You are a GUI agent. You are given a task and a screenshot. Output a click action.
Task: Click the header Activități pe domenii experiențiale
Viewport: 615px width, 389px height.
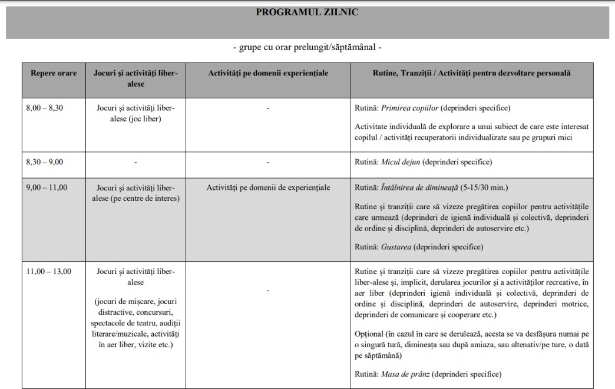point(268,72)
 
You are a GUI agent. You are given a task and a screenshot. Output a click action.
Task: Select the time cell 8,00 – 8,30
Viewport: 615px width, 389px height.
point(45,108)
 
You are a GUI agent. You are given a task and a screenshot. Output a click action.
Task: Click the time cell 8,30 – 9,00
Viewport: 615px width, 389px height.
point(45,161)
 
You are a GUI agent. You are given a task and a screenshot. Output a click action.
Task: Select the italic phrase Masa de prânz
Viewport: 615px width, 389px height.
point(404,374)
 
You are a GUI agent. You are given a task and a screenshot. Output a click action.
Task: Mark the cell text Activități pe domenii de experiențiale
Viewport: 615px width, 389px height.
point(268,187)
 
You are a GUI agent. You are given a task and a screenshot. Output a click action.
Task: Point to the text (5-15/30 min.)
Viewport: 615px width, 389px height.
point(488,187)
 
